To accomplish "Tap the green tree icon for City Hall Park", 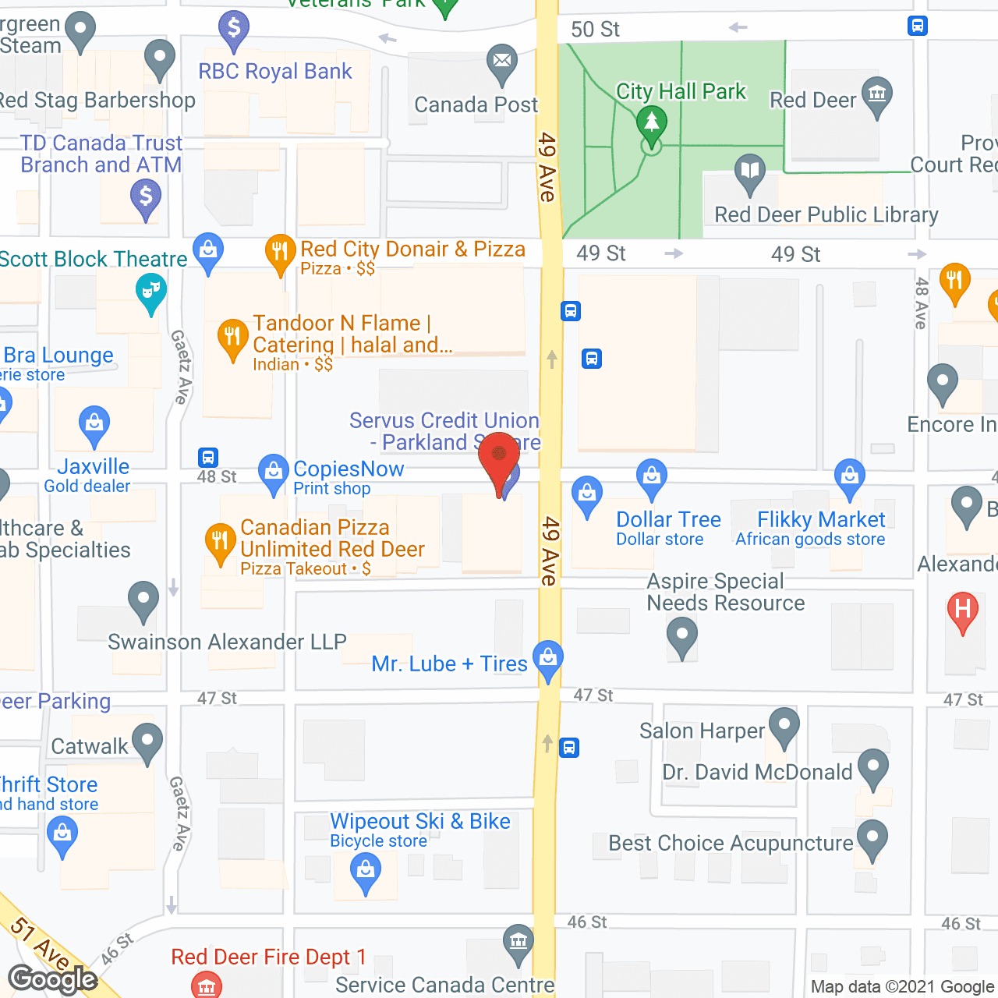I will click(x=651, y=123).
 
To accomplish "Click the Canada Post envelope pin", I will click(x=502, y=61).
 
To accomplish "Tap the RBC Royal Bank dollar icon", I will click(x=233, y=28).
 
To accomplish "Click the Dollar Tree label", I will click(x=668, y=519).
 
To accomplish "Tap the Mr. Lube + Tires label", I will click(x=449, y=664).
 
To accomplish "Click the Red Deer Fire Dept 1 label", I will click(x=268, y=957).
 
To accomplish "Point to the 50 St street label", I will click(x=595, y=30).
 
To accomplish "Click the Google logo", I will click(x=52, y=979).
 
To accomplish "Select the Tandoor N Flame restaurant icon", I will click(x=232, y=337).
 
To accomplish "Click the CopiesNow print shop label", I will click(x=348, y=469).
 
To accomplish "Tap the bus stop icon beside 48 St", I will click(x=207, y=457).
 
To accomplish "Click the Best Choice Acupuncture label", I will click(x=731, y=843).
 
